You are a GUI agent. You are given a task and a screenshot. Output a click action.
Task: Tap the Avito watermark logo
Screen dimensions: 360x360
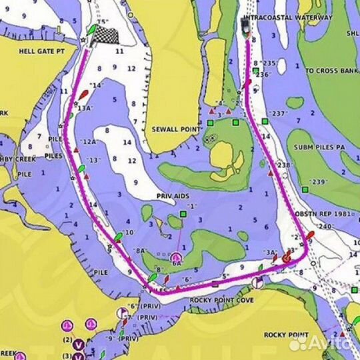(325, 343)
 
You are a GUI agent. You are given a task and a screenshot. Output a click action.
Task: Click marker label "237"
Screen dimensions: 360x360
(279, 113)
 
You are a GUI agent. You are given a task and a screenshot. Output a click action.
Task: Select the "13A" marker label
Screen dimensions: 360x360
(85, 107)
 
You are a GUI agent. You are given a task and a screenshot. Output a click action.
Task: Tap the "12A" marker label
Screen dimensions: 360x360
(89, 142)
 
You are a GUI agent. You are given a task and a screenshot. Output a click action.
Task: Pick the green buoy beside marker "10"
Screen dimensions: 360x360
(117, 236)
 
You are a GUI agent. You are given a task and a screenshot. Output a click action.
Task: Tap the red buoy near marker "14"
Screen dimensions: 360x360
(84, 95)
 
